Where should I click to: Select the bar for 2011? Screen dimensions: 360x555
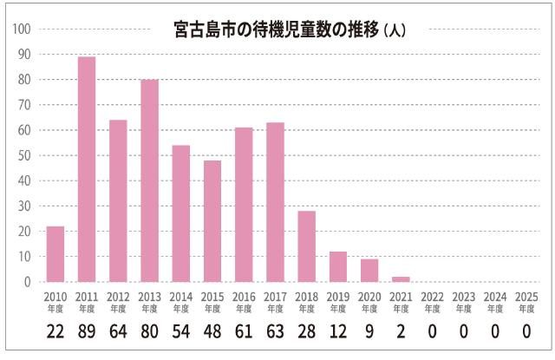point(87,169)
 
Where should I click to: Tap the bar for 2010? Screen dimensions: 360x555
point(55,254)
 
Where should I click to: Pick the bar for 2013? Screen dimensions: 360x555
point(149,180)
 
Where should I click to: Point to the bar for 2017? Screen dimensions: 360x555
point(275,202)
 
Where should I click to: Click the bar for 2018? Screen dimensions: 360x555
point(306,246)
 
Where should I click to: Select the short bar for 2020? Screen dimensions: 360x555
point(369,271)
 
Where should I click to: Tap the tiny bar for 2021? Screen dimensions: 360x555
point(401,279)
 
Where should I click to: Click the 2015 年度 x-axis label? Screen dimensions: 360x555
point(212,301)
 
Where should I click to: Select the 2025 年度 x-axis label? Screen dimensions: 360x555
point(526,301)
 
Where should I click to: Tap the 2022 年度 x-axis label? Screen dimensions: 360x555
point(432,301)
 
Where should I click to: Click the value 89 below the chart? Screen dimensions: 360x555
point(87,333)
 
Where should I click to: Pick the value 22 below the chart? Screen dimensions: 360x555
point(55,333)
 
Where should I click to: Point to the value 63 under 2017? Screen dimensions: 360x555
point(275,333)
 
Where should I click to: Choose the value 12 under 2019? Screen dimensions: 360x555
point(337,333)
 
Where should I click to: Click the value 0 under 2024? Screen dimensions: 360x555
point(494,333)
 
